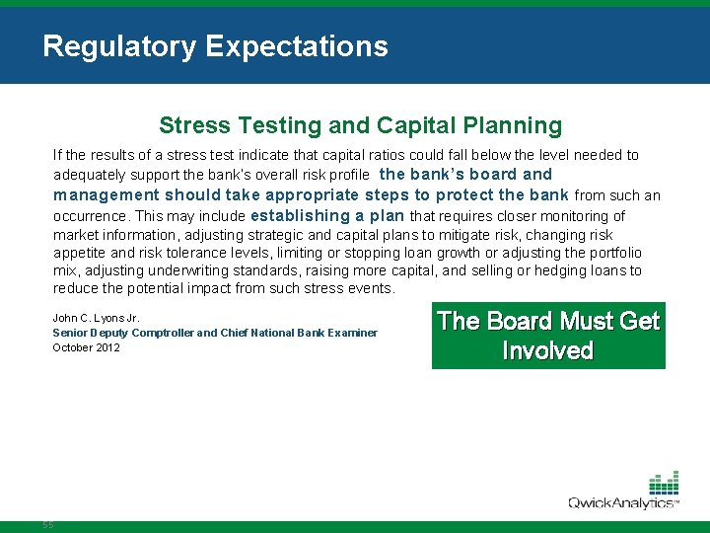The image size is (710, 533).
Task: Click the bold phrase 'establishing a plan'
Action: click(327, 215)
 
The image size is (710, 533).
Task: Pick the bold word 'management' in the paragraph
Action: click(106, 194)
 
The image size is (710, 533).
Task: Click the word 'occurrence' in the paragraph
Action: click(90, 216)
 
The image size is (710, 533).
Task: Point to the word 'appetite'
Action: click(79, 253)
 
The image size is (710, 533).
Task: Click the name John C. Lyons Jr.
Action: click(96, 318)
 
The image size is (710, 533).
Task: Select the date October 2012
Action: click(86, 347)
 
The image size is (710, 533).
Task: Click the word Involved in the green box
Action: click(547, 351)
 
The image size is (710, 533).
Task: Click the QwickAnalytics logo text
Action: click(621, 503)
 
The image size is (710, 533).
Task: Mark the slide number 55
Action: click(48, 525)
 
